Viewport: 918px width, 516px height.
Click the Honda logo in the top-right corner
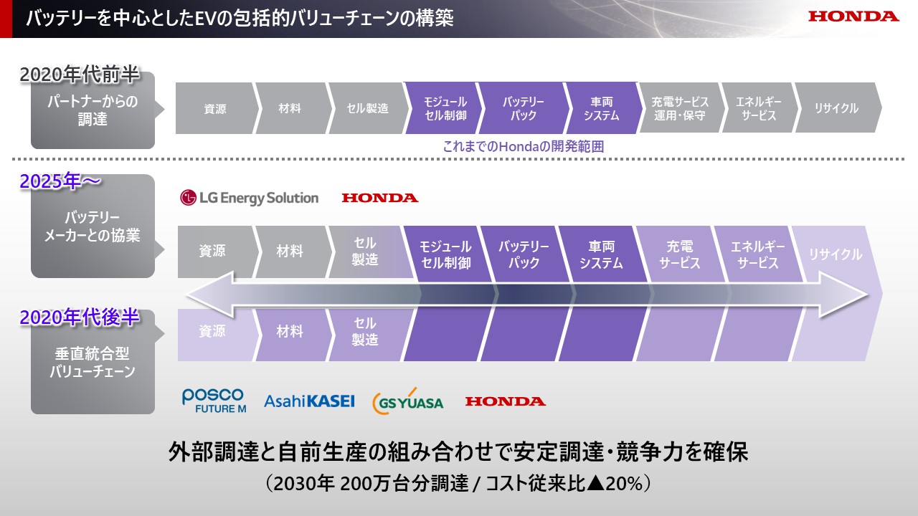coord(853,16)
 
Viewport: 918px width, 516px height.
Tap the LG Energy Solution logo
coord(249,198)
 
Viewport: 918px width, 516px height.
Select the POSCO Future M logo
coord(214,401)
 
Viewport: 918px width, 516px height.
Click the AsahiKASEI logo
coord(309,401)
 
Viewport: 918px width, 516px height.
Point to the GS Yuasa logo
coord(408,401)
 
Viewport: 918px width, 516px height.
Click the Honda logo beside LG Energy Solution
coord(380,199)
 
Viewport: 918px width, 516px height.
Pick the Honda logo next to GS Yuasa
coord(506,401)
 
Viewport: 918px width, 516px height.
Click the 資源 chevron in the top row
coord(217,108)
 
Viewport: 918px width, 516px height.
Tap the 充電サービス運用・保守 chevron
coord(679,108)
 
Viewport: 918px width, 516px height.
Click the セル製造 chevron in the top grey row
coord(369,108)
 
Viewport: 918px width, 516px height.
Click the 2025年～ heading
coord(60,181)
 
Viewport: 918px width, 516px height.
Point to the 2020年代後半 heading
coord(80,317)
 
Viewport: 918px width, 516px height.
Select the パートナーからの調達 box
coord(93,110)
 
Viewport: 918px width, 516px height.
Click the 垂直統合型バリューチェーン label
coord(93,363)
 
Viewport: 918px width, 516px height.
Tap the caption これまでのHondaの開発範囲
coord(524,146)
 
